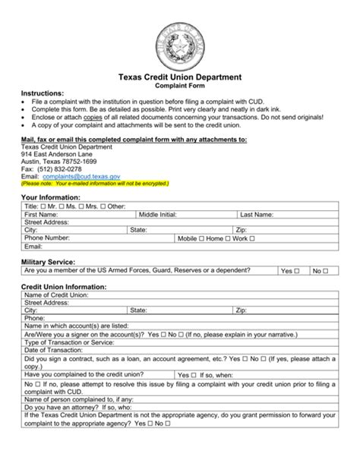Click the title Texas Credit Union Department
179,77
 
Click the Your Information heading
51,197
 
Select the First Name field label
43,215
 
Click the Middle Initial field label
157,215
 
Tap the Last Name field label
257,215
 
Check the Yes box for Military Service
297,270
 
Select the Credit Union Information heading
64,287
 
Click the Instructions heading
42,93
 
